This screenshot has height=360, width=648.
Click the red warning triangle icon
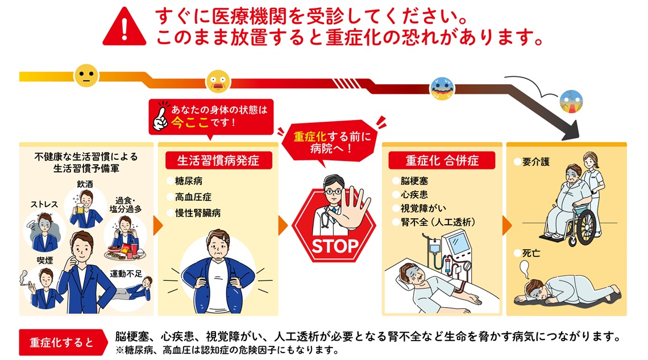(x=124, y=28)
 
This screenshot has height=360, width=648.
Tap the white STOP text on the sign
(x=335, y=247)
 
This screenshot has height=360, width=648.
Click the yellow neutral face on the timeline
(x=86, y=76)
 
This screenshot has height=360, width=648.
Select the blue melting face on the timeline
(x=442, y=89)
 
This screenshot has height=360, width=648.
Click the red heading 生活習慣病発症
(x=218, y=160)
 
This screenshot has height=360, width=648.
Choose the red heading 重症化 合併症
(x=442, y=160)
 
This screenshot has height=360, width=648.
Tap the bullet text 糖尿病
(x=189, y=181)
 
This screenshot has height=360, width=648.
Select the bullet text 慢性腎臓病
(x=198, y=213)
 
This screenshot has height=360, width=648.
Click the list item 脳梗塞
(x=414, y=181)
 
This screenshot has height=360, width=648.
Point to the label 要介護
(x=536, y=162)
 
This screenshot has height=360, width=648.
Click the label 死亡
(x=531, y=253)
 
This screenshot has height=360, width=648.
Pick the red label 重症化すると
(x=61, y=342)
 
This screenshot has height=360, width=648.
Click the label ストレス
(x=44, y=205)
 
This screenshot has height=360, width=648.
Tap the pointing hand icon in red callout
(x=160, y=117)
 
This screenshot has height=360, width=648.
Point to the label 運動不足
(x=126, y=274)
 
